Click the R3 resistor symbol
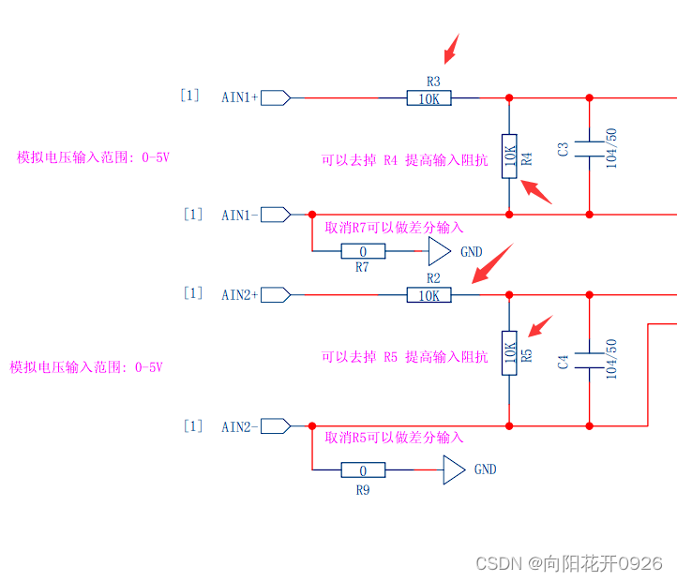(x=429, y=97)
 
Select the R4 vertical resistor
(x=509, y=156)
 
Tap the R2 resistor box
(x=429, y=295)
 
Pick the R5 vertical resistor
(x=509, y=352)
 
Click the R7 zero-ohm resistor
(x=362, y=251)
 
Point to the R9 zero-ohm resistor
(x=362, y=470)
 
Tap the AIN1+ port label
(x=239, y=97)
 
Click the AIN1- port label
(x=239, y=216)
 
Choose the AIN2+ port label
(x=239, y=295)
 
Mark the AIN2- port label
(x=239, y=426)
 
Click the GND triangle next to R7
(x=439, y=251)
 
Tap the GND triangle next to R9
(x=454, y=470)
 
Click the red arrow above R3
(x=451, y=46)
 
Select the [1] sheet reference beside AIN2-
(x=192, y=426)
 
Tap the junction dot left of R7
(x=312, y=215)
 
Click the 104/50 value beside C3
(x=612, y=147)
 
